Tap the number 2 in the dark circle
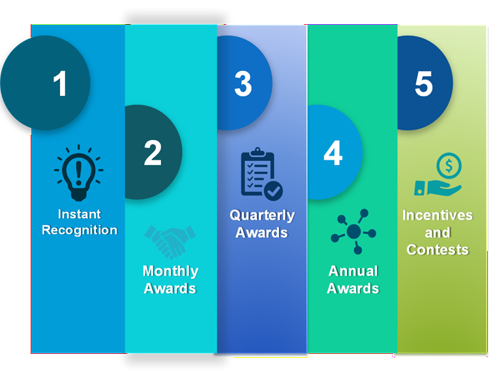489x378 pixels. [153, 153]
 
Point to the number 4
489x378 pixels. [333, 153]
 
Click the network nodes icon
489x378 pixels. [353, 231]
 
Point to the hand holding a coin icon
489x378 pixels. [438, 177]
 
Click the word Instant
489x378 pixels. [79, 214]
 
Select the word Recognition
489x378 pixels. [80, 230]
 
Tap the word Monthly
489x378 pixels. [170, 271]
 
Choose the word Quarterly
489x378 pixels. [261, 216]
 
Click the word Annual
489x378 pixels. [353, 271]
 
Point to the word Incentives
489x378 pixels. [437, 216]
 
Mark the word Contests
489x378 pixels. [437, 250]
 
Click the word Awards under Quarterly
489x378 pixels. [261, 233]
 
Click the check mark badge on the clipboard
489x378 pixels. [273, 190]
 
